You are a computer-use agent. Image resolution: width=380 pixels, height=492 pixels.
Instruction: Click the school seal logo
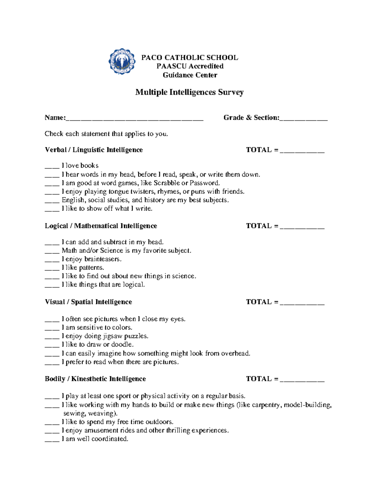coord(122,61)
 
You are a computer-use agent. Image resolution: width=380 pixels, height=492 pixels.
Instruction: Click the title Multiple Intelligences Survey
coord(189,92)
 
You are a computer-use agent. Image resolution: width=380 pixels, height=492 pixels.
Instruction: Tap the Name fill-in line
coord(135,118)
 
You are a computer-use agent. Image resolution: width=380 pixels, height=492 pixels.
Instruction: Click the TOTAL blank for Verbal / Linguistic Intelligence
coord(302,151)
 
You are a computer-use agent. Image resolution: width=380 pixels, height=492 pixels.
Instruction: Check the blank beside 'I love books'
coord(52,166)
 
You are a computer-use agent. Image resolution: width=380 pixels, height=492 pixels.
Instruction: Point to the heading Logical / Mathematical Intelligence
coord(101,226)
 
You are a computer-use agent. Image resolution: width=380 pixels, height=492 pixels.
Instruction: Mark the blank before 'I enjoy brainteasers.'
coord(52,259)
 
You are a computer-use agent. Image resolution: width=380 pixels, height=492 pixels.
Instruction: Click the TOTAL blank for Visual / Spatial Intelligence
coord(302,303)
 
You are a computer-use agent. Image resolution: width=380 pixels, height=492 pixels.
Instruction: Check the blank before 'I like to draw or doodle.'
coord(52,345)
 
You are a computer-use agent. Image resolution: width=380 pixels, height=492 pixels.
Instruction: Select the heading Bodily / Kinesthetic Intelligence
coord(95,379)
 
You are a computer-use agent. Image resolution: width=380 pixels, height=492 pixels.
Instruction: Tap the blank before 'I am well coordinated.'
coord(52,439)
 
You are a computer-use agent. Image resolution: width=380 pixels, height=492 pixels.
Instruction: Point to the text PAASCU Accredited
coord(190,66)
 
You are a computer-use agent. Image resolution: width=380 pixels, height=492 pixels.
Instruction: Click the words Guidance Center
coord(190,75)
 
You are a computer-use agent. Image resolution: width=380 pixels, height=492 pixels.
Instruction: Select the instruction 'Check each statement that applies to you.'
coord(106,134)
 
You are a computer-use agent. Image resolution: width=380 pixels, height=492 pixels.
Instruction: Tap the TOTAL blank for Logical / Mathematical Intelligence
coord(302,227)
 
